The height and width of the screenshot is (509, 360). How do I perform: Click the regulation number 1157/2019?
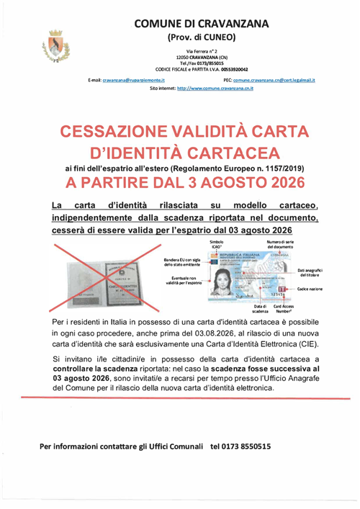point(271,167)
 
